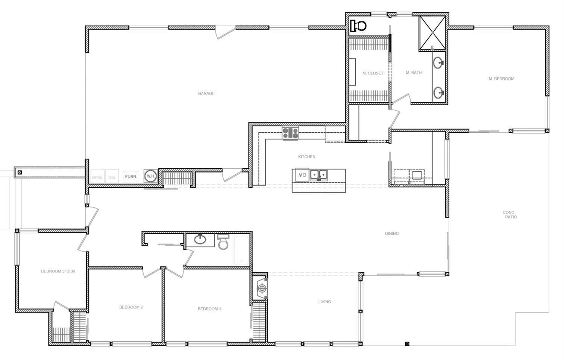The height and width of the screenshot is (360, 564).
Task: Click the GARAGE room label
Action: point(206,93)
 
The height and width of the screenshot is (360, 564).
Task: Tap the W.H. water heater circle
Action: point(150,176)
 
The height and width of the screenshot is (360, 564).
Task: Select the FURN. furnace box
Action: point(131,176)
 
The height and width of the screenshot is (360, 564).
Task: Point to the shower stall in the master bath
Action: point(432,33)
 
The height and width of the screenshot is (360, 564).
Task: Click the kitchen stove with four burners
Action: point(290,133)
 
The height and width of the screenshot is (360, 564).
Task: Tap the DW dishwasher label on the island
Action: point(302,175)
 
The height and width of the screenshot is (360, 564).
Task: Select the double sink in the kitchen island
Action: point(318,174)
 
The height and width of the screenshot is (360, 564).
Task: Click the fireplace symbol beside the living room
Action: point(262,288)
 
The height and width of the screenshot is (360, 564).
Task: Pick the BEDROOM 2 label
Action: point(131,307)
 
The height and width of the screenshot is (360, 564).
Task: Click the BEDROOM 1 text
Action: point(209,309)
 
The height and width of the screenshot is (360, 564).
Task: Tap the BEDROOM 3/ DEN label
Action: point(58,271)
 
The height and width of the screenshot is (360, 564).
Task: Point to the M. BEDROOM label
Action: point(501,79)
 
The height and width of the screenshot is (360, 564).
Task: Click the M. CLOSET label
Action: point(373,73)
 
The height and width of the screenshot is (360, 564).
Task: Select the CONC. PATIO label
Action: point(509,215)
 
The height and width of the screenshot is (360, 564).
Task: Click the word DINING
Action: point(392,233)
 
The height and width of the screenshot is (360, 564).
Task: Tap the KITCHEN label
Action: point(307,156)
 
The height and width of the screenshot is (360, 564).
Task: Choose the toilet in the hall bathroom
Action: point(223,242)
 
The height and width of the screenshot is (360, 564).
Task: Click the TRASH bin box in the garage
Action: point(97,176)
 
